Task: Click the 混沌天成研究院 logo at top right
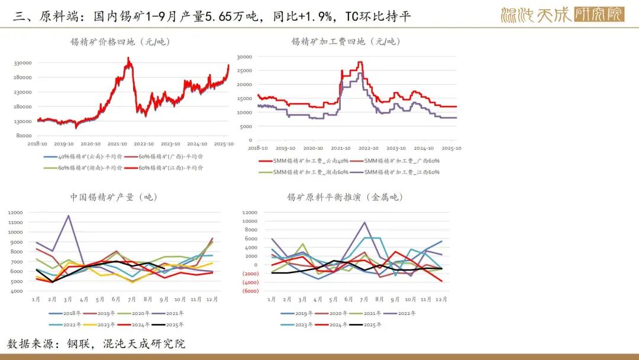coord(562,14)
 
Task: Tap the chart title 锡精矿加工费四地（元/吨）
coord(346,41)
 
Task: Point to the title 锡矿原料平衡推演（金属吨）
coord(346,197)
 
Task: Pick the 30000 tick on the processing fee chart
coord(244,57)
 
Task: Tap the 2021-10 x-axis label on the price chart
coord(118,144)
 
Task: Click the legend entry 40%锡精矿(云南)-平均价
coord(83,157)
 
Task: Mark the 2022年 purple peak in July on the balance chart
coord(364,223)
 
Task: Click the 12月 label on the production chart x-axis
coord(211,300)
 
